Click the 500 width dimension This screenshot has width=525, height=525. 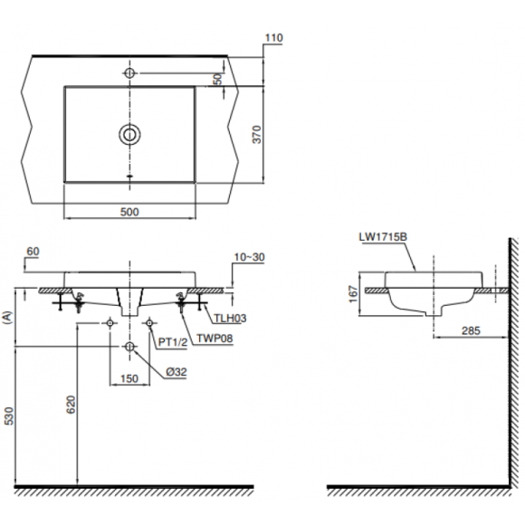click(x=129, y=212)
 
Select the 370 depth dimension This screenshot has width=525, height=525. click(x=257, y=134)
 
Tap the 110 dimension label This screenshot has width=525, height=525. click(x=274, y=38)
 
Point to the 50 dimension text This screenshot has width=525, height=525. click(x=217, y=79)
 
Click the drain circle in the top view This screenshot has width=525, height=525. click(x=129, y=134)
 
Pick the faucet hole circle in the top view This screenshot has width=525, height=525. click(x=129, y=72)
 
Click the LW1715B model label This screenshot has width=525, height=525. click(x=383, y=237)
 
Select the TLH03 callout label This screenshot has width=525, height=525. click(x=230, y=318)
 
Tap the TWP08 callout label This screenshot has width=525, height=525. click(x=215, y=339)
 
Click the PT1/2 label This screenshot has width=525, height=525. click(x=172, y=342)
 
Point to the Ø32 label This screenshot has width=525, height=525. click(x=177, y=372)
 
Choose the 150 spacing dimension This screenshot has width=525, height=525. click(x=129, y=378)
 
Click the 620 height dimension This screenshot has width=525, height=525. click(x=71, y=406)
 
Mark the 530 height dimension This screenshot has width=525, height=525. click(x=9, y=416)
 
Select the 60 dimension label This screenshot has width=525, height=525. click(x=33, y=251)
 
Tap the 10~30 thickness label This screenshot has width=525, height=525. click(x=250, y=257)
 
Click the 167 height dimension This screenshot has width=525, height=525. click(x=354, y=294)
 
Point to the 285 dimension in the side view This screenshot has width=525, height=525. click(x=471, y=330)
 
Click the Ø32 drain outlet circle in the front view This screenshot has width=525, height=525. click(x=129, y=347)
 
